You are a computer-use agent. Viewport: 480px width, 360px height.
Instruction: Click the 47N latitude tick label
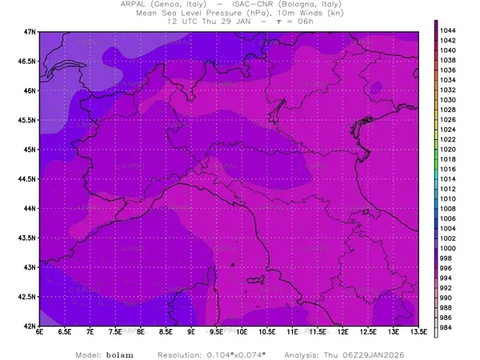pos(30,31)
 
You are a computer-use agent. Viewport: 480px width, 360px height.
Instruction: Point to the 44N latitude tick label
pos(30,208)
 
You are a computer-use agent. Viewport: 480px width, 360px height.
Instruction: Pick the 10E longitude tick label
pos(242,334)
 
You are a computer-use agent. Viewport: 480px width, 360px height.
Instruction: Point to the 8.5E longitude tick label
pos(166,334)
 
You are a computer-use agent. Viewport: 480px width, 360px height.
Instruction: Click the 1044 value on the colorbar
pos(448,30)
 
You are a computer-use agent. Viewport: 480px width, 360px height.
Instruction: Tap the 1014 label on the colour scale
pos(448,179)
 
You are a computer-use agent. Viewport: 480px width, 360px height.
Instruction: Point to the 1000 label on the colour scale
pos(448,249)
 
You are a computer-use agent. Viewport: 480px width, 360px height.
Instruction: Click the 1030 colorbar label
pos(448,100)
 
